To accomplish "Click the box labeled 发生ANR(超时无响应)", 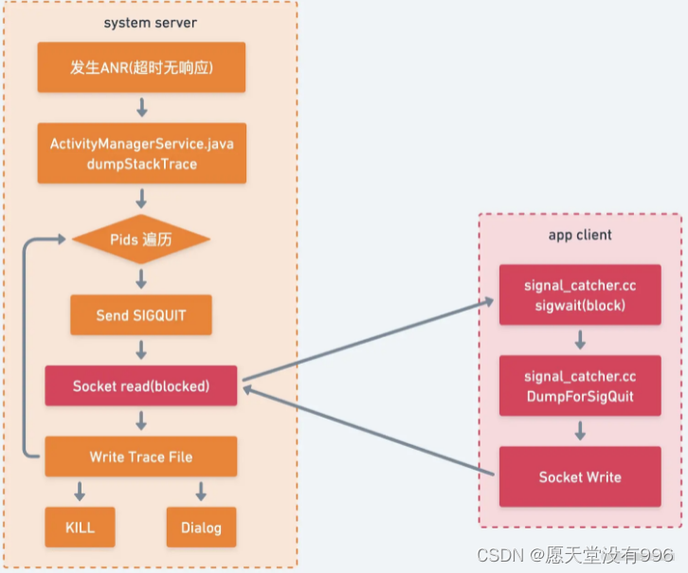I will pyautogui.click(x=141, y=67).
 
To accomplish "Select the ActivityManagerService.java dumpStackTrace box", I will pyautogui.click(x=141, y=152).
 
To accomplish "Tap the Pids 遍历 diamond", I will pyautogui.click(x=141, y=240).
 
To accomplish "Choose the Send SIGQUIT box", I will pyautogui.click(x=141, y=314).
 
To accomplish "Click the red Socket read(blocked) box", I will pyautogui.click(x=141, y=386).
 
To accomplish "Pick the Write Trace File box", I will pyautogui.click(x=141, y=457).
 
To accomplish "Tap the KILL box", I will pyautogui.click(x=80, y=527).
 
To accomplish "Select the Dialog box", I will pyautogui.click(x=201, y=527).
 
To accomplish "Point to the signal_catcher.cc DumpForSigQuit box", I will pyautogui.click(x=579, y=387).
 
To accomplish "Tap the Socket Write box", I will pyautogui.click(x=579, y=476).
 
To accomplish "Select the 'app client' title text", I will pyautogui.click(x=580, y=235).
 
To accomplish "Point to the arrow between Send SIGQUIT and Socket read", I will pyautogui.click(x=141, y=350).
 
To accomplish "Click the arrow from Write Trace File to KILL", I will pyautogui.click(x=80, y=492).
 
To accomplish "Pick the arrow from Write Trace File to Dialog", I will pyautogui.click(x=201, y=492).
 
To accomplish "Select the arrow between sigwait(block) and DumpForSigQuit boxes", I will pyautogui.click(x=579, y=340).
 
